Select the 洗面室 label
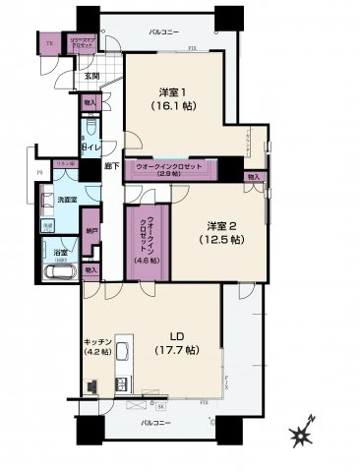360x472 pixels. [66, 201]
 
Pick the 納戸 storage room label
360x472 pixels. [91, 232]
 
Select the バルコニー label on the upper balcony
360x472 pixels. [164, 32]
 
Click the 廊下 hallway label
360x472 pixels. [113, 166]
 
